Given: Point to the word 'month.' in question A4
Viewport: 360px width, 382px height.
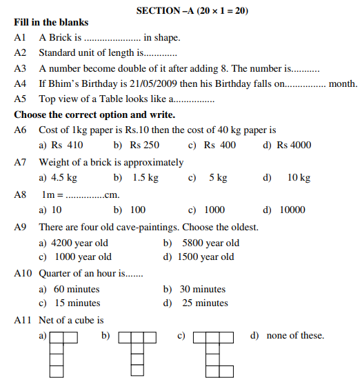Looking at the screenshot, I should [x=343, y=84].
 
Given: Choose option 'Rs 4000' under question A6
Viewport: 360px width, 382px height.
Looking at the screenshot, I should [x=294, y=145].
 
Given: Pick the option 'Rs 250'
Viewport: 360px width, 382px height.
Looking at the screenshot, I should [x=144, y=145].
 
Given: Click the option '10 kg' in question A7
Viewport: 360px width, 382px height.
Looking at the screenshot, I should [x=299, y=177].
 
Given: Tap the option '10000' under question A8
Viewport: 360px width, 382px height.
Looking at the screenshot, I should [x=292, y=210].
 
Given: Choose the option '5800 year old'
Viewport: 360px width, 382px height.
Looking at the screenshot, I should [x=210, y=243].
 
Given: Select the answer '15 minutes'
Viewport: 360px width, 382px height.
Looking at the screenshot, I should [x=77, y=303].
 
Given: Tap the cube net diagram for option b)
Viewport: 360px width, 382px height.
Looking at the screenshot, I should [x=138, y=354].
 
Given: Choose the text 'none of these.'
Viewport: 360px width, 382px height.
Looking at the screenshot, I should [x=296, y=336].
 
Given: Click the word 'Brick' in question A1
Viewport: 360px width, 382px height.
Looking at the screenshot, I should [x=61, y=37].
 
